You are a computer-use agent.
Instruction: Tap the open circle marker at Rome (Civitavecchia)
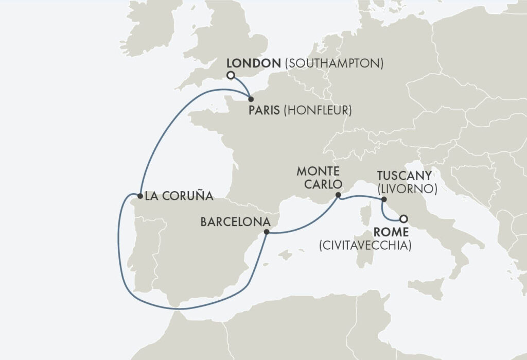pos(403,218)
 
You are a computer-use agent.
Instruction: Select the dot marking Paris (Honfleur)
pos(250,99)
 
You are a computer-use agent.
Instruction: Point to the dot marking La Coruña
pos(139,196)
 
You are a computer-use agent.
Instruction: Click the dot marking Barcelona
pos(266,232)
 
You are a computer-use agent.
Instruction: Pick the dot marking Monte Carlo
pos(338,195)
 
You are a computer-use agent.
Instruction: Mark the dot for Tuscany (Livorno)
pos(383,199)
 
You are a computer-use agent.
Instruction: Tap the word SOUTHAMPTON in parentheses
pos(335,63)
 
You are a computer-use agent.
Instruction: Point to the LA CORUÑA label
pos(179,196)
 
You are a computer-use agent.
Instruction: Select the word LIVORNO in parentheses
pos(407,188)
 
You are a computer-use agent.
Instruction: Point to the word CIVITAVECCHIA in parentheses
pos(365,246)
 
